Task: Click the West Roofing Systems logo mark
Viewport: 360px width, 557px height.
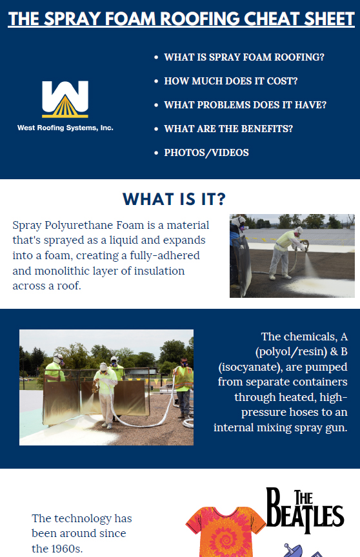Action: point(65,99)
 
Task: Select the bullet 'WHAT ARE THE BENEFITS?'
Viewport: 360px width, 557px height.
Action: point(228,129)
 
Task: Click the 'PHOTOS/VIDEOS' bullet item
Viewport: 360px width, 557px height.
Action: point(206,153)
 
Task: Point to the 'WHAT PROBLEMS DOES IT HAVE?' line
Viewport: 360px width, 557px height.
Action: point(245,105)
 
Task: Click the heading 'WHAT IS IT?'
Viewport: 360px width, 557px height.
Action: point(174,198)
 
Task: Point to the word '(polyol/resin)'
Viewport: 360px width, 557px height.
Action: point(289,352)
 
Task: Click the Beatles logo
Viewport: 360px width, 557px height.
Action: point(306,510)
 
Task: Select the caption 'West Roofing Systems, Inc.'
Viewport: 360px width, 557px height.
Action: point(65,128)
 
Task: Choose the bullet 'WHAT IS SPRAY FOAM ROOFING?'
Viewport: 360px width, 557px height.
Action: point(244,57)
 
